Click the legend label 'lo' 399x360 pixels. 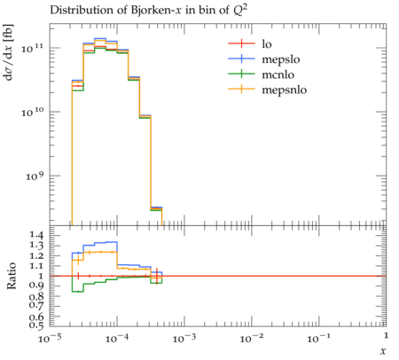(267, 44)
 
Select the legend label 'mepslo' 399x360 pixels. (281, 59)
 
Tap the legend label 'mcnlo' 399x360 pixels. (278, 74)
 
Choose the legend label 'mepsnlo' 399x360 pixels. (285, 90)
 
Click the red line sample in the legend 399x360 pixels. (241, 43)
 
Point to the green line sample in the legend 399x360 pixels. (241, 74)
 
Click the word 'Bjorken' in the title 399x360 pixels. (148, 10)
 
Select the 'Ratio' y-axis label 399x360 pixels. (12, 275)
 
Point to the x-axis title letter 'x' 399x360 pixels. (383, 351)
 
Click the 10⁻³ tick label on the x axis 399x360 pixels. (184, 338)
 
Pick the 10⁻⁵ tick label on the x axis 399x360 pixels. (49, 338)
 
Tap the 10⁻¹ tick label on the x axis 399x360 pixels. (318, 338)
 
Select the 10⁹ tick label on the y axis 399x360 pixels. (35, 176)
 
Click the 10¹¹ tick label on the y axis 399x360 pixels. (32, 48)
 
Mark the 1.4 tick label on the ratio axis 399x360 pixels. (36, 236)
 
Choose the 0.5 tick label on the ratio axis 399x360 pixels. (36, 325)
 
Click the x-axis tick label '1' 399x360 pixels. (386, 336)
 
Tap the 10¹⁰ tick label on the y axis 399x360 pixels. (32, 112)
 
